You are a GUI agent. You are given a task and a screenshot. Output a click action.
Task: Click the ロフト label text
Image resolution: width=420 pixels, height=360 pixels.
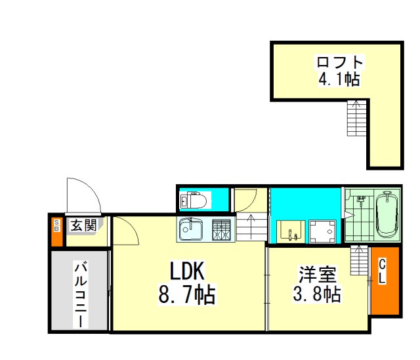pyautogui.click(x=340, y=62)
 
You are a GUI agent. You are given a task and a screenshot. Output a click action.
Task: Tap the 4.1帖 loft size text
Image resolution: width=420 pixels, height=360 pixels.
pyautogui.click(x=339, y=79)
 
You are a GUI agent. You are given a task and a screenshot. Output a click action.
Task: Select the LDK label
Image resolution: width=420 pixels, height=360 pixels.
pyautogui.click(x=187, y=271)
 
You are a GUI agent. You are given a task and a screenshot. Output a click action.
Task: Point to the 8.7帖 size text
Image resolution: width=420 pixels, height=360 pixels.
pyautogui.click(x=187, y=294)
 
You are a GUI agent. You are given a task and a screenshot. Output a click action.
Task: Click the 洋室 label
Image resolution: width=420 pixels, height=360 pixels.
pyautogui.click(x=318, y=274)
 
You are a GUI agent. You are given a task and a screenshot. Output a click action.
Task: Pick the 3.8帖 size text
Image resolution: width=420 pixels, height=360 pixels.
pyautogui.click(x=317, y=294)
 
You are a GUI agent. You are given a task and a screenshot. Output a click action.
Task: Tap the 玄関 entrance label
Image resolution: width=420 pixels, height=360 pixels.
pyautogui.click(x=83, y=226)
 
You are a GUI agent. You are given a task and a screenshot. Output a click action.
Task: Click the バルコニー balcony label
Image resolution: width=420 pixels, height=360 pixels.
pyautogui.click(x=81, y=296)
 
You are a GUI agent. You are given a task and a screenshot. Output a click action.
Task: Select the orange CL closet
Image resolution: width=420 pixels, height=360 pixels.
pyautogui.click(x=385, y=281)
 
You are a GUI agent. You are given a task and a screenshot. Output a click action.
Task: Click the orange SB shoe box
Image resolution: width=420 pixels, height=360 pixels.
pyautogui.click(x=57, y=231)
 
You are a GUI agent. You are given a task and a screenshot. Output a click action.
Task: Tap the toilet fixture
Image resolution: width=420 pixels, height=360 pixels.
pyautogui.click(x=194, y=200)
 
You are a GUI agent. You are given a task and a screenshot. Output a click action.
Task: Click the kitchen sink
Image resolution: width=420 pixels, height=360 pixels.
pyautogui.click(x=191, y=229)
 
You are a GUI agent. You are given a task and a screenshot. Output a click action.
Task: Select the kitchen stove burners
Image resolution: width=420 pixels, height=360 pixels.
pyautogui.click(x=222, y=230)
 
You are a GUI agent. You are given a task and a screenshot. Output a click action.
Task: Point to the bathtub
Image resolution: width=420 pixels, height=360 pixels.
pyautogui.click(x=387, y=214)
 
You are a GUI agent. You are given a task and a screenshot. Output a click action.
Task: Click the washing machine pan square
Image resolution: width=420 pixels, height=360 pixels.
pyautogui.click(x=322, y=231)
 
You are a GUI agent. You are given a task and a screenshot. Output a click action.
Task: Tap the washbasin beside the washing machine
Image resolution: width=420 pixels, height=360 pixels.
pyautogui.click(x=291, y=231)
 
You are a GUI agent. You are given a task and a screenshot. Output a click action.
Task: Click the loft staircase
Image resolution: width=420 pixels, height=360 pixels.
pyautogui.click(x=356, y=118)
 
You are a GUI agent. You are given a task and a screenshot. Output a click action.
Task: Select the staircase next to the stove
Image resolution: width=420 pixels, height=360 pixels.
pyautogui.click(x=251, y=227)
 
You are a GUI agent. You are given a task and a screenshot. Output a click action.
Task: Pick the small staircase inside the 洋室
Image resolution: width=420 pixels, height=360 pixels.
pyautogui.click(x=360, y=260)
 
